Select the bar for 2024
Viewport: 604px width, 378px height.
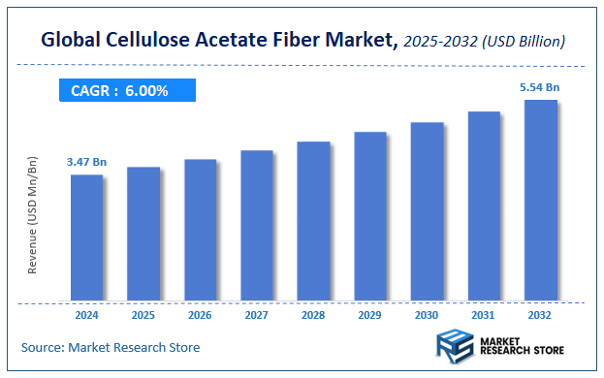(x=86, y=237)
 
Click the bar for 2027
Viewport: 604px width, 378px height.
(x=257, y=225)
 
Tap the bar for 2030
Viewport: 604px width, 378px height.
(x=427, y=211)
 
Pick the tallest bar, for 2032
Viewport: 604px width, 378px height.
(x=540, y=200)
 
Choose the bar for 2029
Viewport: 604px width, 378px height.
(x=370, y=216)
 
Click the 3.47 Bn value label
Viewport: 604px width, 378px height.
(x=86, y=161)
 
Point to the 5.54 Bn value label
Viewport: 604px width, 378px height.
(x=540, y=87)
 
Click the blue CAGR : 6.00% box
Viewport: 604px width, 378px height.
(x=124, y=91)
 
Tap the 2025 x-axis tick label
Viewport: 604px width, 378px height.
(x=143, y=316)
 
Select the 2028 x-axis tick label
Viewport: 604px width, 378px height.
(x=313, y=316)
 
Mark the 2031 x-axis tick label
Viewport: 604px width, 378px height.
(x=484, y=316)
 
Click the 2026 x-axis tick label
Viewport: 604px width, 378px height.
(x=200, y=316)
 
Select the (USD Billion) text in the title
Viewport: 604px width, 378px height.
(x=525, y=43)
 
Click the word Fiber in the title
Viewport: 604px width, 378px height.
(x=304, y=41)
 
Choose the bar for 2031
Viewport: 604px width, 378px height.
(x=484, y=205)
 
